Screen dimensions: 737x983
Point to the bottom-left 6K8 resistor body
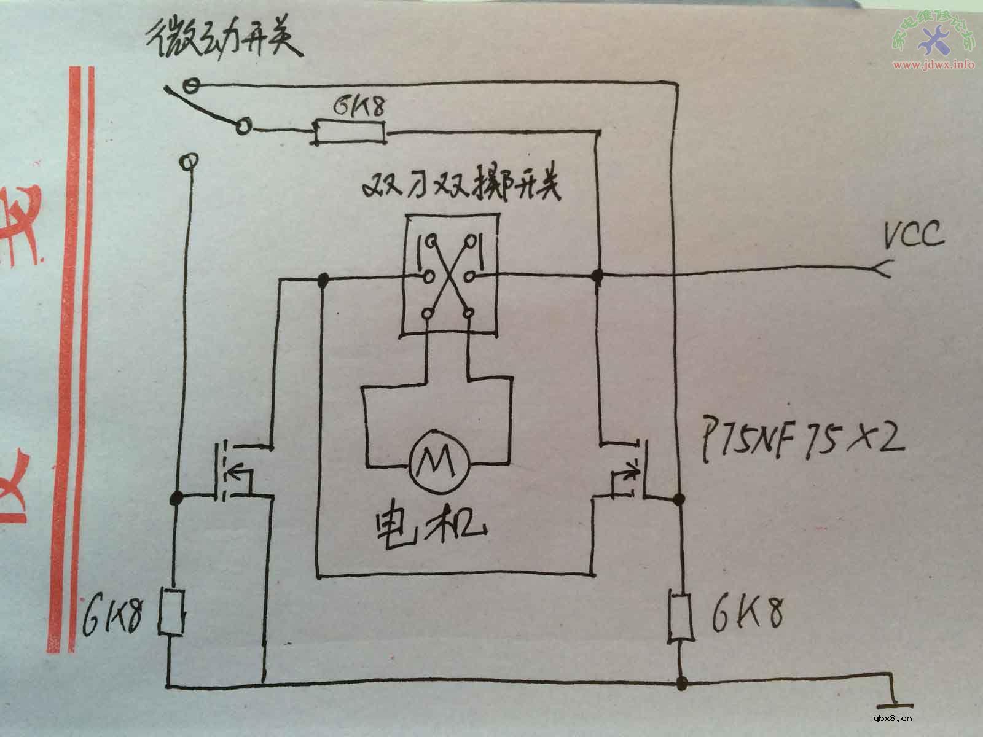point(173,613)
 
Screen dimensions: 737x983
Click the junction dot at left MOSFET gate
point(176,496)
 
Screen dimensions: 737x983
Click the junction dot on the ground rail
point(681,682)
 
